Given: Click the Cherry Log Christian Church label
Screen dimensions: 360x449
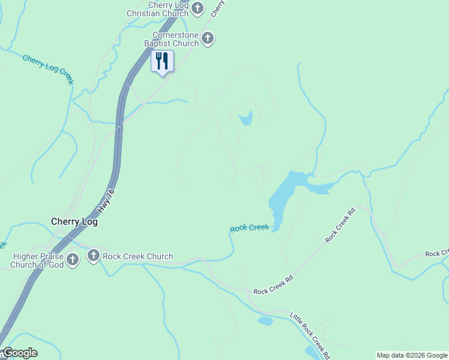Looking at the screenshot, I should click(158, 9).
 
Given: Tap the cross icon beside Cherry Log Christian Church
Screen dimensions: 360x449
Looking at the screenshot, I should click(199, 8).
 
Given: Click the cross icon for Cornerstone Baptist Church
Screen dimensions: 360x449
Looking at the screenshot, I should click(208, 39).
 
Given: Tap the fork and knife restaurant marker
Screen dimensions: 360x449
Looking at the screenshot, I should click(161, 61).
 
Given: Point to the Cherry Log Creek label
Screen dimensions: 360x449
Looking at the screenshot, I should click(48, 68).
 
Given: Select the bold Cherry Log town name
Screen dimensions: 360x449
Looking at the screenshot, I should click(74, 221).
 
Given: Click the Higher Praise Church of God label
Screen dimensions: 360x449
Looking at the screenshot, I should click(37, 260).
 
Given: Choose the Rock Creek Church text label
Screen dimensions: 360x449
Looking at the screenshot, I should click(137, 257).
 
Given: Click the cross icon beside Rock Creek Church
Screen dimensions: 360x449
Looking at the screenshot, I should click(93, 256).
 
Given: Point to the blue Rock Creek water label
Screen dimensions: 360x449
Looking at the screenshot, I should click(249, 228).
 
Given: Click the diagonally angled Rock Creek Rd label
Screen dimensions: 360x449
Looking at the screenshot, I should click(340, 225).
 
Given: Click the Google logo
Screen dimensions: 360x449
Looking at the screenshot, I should click(19, 353).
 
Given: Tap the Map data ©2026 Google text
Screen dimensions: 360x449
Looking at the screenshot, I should click(412, 355).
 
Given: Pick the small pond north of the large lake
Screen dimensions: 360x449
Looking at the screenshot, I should click(246, 119).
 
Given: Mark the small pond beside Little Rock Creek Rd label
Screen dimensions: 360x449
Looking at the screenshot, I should click(265, 321).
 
